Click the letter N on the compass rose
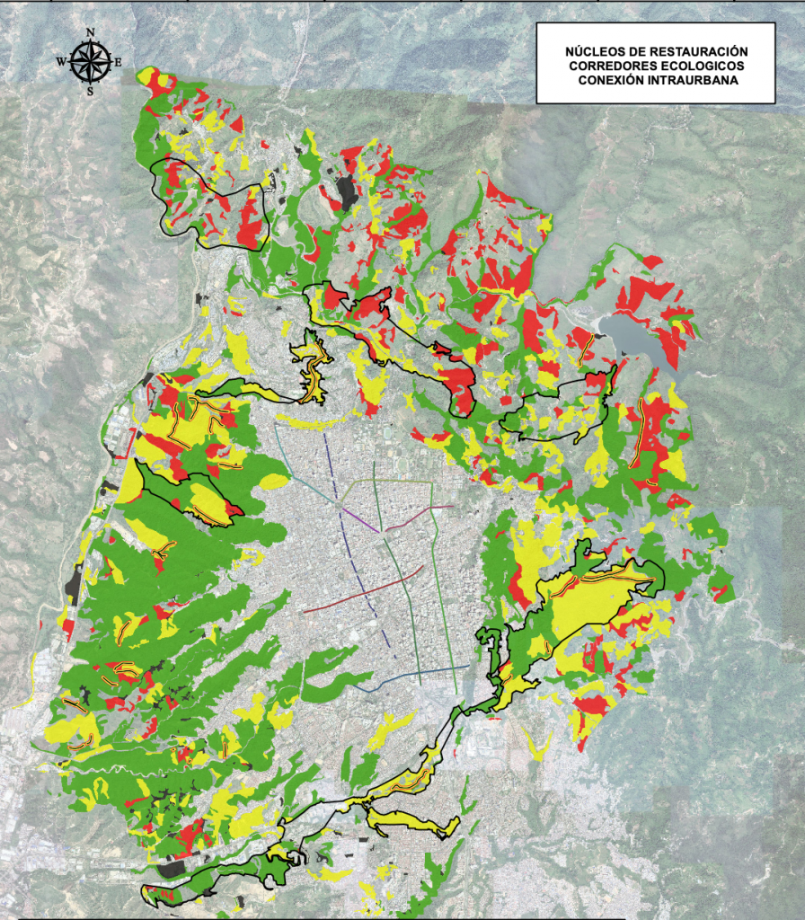90,33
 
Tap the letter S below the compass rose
90,91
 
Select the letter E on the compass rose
118,62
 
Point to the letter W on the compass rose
61,62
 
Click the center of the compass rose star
90,61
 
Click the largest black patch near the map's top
346,190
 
